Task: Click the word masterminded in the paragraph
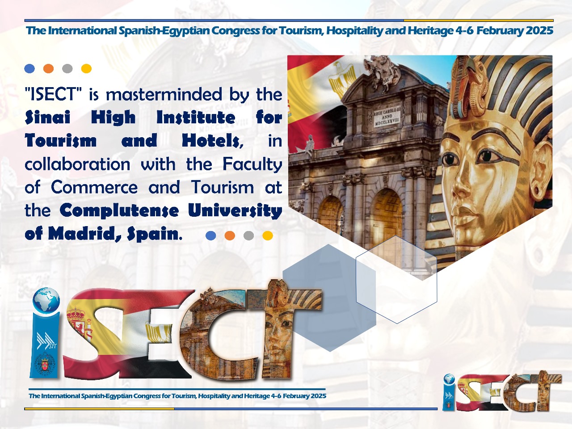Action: [164, 94]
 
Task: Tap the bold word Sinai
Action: [48, 117]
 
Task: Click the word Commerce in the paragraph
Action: [94, 187]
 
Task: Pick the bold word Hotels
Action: [213, 141]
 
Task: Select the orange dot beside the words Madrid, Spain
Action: [230, 236]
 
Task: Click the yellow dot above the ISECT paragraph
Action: [86, 68]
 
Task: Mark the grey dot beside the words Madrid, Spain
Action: [248, 236]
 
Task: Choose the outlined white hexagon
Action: [396, 279]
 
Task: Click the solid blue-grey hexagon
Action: [329, 298]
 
